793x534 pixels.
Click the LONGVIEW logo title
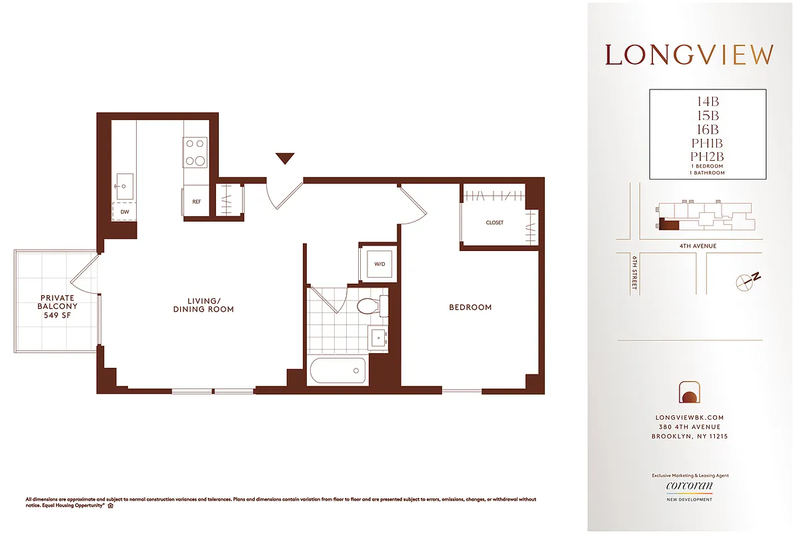pos(690,55)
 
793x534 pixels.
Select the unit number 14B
pos(707,102)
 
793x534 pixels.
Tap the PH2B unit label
pos(707,156)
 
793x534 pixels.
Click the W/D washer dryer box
pos(379,264)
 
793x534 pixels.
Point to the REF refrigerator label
pos(197,201)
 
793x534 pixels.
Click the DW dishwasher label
pos(125,212)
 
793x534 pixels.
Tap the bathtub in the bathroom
pos(337,370)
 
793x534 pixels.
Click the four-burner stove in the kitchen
pos(195,152)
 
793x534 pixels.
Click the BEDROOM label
pos(470,308)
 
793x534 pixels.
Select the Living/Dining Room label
pos(203,305)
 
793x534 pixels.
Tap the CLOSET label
pos(494,222)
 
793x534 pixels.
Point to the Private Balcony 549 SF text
pos(58,306)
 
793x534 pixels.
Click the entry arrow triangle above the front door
pos(285,158)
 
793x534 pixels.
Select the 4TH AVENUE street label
pos(698,246)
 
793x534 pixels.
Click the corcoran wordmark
pos(690,487)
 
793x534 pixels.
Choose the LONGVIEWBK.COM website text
pos(690,417)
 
